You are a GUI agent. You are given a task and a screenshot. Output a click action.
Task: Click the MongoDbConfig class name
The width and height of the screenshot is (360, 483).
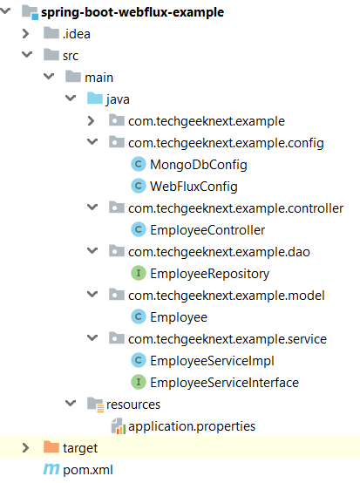click(199, 165)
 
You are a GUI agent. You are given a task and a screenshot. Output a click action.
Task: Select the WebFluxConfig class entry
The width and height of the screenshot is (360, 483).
click(194, 187)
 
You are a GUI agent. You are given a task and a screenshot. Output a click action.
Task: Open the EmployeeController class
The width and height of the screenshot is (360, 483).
click(207, 230)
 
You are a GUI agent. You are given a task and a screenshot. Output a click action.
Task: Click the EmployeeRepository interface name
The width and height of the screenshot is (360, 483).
click(210, 274)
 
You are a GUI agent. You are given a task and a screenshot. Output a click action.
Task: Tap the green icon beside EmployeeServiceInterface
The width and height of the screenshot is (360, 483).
click(139, 382)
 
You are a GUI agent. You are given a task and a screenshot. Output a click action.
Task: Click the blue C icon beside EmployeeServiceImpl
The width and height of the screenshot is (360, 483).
click(139, 360)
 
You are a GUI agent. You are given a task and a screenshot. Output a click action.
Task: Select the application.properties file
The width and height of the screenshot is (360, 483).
click(192, 426)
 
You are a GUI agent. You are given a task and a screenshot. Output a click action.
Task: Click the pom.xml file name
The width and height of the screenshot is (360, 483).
click(88, 470)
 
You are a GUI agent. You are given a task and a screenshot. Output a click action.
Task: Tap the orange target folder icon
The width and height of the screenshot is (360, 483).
click(51, 447)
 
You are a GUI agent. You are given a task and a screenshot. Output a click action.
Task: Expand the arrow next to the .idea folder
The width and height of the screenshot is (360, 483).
click(26, 34)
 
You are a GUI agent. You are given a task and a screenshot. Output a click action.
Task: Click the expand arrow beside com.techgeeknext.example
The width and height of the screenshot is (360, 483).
click(91, 120)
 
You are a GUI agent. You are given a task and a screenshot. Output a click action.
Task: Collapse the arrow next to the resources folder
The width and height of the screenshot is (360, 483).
click(71, 403)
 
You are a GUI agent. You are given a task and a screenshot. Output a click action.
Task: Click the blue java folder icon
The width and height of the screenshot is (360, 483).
click(95, 99)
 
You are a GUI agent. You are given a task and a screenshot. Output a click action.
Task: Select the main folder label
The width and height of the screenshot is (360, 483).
click(98, 78)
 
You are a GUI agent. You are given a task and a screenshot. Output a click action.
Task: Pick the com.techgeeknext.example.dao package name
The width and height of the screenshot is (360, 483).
click(219, 252)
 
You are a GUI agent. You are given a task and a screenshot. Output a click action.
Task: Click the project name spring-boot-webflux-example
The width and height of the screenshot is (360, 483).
click(132, 12)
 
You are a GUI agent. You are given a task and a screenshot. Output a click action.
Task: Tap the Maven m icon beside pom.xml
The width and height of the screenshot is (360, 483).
click(51, 469)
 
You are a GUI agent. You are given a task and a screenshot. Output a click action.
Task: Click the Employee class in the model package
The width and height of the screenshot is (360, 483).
click(179, 317)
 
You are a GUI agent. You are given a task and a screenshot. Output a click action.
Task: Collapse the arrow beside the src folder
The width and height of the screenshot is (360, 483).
click(27, 55)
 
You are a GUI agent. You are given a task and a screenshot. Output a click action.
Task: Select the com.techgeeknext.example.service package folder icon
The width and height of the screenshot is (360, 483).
click(117, 338)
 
